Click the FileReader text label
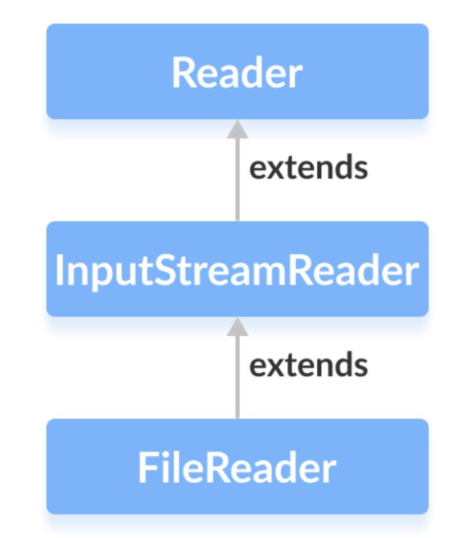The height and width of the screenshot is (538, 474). click(237, 468)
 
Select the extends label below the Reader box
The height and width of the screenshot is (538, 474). click(308, 168)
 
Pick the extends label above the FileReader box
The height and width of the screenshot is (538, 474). click(308, 365)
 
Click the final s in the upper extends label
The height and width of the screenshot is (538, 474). click(360, 169)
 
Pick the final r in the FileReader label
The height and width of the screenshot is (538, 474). click(330, 470)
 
